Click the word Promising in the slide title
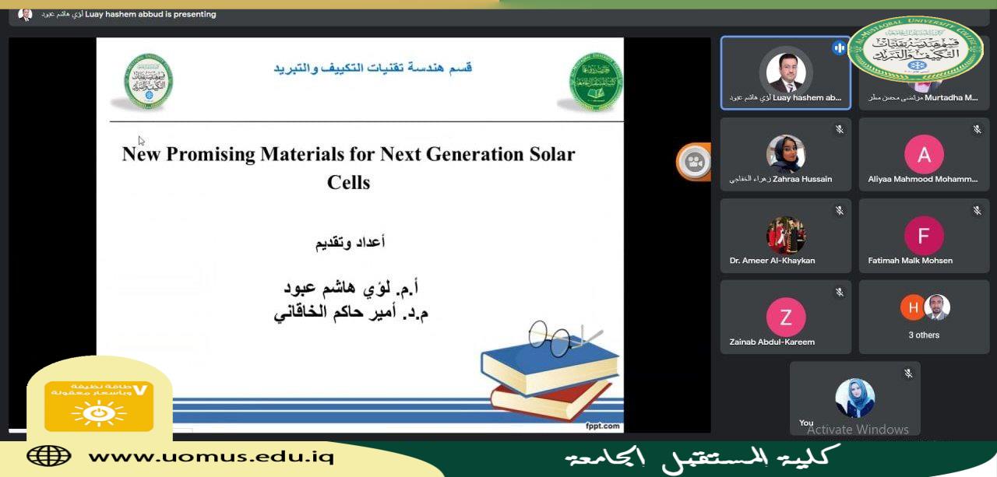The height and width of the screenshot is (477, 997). click(203, 154)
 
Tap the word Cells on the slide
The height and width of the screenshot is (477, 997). click(348, 182)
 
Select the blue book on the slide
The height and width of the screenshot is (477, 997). click(550, 367)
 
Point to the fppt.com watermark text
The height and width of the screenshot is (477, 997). click(603, 426)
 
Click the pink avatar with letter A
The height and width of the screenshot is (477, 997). click(924, 155)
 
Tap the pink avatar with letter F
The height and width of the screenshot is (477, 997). click(924, 236)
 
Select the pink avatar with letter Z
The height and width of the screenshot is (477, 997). click(785, 317)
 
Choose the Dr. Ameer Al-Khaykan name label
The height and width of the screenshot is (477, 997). click(772, 261)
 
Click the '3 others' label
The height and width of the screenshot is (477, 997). click(924, 335)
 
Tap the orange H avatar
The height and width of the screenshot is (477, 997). click(912, 307)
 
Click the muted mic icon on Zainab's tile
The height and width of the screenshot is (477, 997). click(839, 293)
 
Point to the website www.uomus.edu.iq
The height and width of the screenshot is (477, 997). click(210, 456)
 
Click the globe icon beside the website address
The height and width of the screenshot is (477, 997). click(48, 456)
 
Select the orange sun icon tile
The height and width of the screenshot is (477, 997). click(99, 406)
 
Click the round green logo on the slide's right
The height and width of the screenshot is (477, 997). click(596, 82)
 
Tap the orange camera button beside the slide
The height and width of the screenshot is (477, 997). click(694, 162)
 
